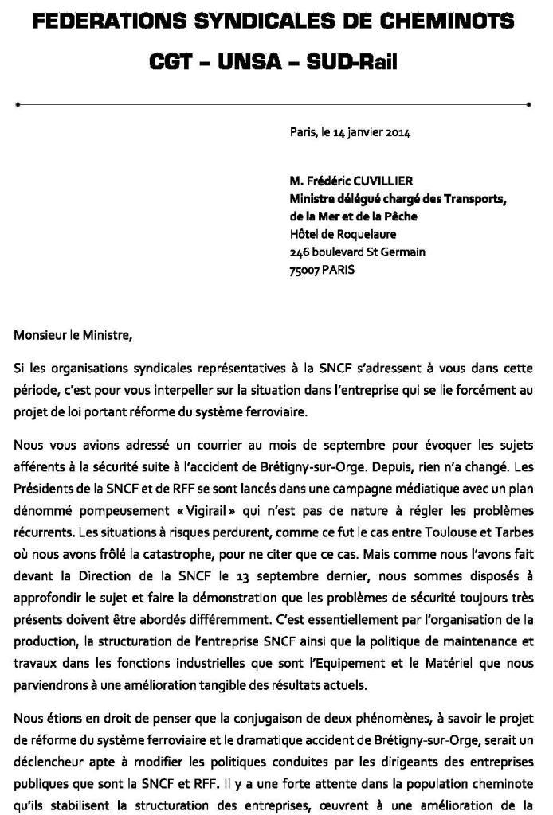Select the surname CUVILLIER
pos(385,181)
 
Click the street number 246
pos(300,252)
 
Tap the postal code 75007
pos(304,270)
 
